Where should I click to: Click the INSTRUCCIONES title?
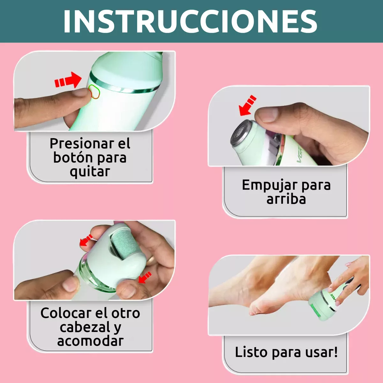190,21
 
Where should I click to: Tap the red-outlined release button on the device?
94,91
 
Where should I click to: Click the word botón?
73,158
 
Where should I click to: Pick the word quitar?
90,171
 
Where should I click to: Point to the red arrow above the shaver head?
247,105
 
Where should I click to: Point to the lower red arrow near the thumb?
145,277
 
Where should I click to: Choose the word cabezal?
83,327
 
